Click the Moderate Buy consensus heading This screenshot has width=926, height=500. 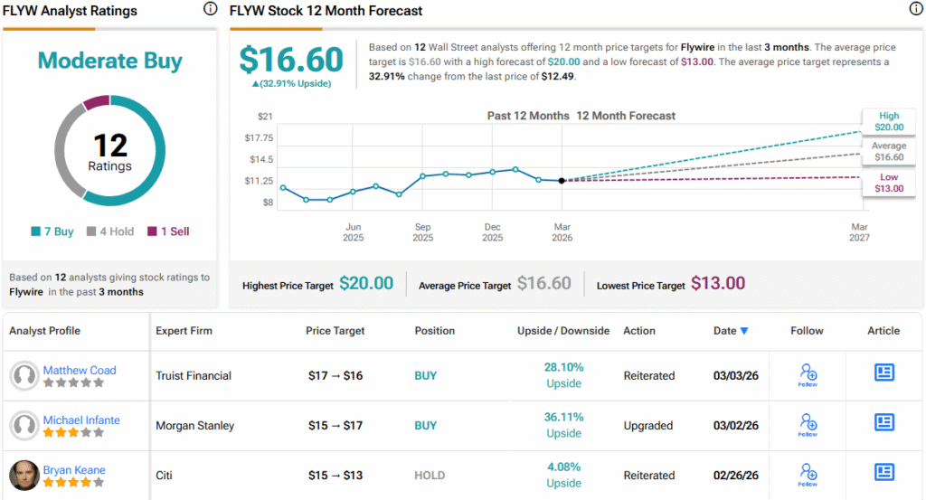click(109, 61)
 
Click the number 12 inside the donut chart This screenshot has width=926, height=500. click(109, 145)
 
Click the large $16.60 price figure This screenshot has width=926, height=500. click(291, 60)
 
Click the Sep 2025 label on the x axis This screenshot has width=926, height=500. click(422, 232)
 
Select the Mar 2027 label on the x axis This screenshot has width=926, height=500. click(858, 232)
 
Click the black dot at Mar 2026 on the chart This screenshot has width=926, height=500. click(562, 181)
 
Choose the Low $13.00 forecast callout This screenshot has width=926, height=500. click(888, 183)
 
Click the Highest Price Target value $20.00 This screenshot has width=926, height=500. click(366, 284)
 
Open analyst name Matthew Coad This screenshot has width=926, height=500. click(80, 370)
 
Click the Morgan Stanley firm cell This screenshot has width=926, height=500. click(195, 425)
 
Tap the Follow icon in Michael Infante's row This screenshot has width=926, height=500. click(808, 423)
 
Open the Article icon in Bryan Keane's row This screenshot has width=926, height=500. click(883, 472)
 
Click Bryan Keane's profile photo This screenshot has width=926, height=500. click(24, 476)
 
